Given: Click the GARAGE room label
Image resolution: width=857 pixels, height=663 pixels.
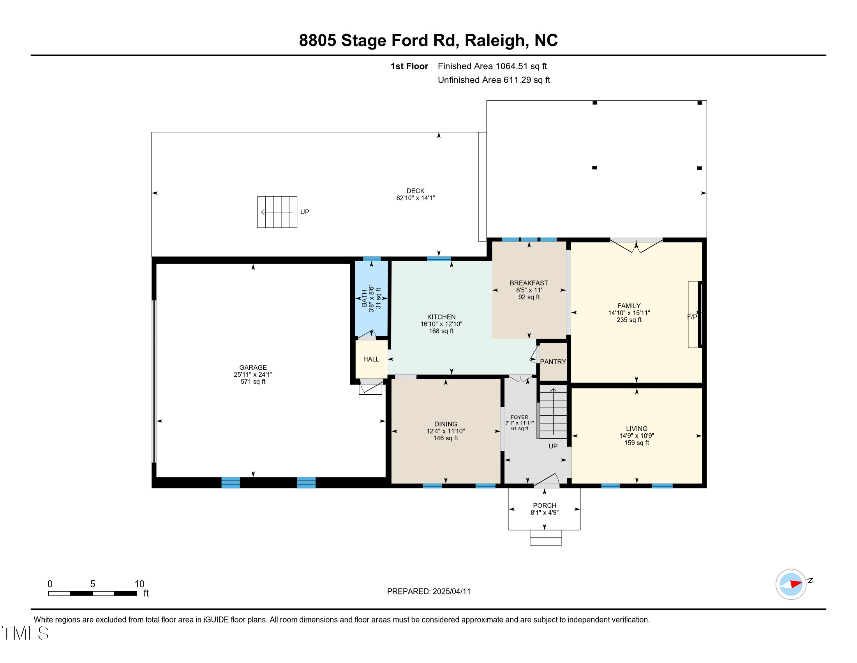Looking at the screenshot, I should (x=253, y=367).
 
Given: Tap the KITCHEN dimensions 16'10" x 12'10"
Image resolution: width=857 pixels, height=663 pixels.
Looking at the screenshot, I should (x=441, y=324).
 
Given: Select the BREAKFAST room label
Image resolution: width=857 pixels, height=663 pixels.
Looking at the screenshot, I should (x=529, y=283).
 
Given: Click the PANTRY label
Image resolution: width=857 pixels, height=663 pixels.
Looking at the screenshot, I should (x=552, y=362).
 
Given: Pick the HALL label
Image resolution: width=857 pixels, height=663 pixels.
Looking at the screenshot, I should (x=371, y=359).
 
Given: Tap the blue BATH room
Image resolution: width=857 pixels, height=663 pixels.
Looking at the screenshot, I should (x=371, y=298).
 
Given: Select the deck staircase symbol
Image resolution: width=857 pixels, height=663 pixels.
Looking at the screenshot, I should (x=277, y=212).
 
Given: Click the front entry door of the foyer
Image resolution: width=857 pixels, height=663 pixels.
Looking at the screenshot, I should (x=546, y=481).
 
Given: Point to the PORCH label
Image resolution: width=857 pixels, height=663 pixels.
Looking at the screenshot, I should (x=544, y=505).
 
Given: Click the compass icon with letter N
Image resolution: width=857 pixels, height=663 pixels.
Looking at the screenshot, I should (x=791, y=584).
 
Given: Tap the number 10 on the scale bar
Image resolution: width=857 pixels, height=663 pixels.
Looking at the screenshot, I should (x=139, y=584).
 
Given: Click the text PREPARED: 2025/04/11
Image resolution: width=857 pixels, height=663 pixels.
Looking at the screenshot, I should (x=428, y=591).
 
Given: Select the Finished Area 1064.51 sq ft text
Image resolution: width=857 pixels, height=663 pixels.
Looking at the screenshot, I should (x=492, y=66).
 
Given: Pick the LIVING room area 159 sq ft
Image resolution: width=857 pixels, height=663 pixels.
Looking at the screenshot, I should (x=637, y=443).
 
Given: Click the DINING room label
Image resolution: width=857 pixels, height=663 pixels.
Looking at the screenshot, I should (x=445, y=424).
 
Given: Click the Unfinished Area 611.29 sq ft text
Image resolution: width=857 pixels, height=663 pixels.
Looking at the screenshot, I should (x=494, y=80).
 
